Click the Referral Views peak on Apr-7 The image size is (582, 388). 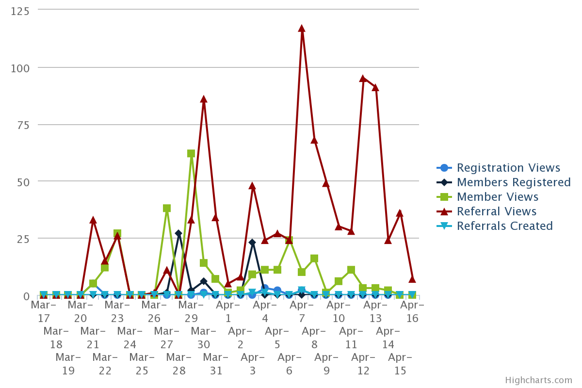click(302, 29)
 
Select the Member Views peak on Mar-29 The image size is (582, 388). click(191, 153)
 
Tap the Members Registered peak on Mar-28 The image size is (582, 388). click(178, 234)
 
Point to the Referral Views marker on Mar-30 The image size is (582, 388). click(204, 99)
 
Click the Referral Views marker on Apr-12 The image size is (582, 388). click(363, 79)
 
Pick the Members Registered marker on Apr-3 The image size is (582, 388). click(252, 242)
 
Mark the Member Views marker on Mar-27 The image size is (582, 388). click(167, 209)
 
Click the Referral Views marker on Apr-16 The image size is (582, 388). click(412, 279)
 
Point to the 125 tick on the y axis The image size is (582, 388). click(20, 11)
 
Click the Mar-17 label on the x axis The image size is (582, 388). click(44, 311)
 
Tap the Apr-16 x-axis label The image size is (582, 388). click(412, 311)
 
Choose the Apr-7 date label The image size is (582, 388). click(302, 311)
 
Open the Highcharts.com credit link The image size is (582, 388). click(538, 380)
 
